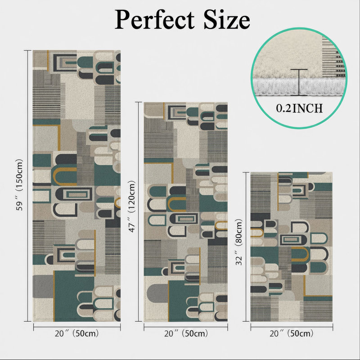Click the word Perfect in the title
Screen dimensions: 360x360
pyautogui.click(x=154, y=20)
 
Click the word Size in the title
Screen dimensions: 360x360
pyautogui.click(x=227, y=19)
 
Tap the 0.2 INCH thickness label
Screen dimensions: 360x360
pyautogui.click(x=299, y=108)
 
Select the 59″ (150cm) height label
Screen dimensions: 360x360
pyautogui.click(x=19, y=184)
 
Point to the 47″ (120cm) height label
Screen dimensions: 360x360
pyautogui.click(x=131, y=206)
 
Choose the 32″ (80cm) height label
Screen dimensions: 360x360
pyautogui.click(x=239, y=242)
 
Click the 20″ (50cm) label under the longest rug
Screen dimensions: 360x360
pyautogui.click(x=76, y=333)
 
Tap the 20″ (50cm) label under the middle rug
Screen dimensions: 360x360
pyautogui.click(x=186, y=333)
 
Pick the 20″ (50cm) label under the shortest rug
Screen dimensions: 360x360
pyautogui.click(x=292, y=333)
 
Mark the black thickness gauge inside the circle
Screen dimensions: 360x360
pyautogui.click(x=299, y=82)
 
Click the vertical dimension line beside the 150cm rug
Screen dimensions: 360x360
pyautogui.click(x=28, y=186)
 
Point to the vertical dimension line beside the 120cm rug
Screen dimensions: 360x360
pyautogui.click(x=139, y=211)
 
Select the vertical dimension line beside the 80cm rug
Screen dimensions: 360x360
pyautogui.click(x=246, y=247)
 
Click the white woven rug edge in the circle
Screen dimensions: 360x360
pyautogui.click(x=298, y=86)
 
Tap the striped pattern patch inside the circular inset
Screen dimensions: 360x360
pyautogui.click(x=333, y=58)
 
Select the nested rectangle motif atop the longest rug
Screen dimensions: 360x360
pyautogui.click(x=65, y=63)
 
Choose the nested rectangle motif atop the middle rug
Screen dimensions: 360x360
pyautogui.click(x=177, y=112)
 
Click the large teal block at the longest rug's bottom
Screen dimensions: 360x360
pyautogui.click(x=73, y=296)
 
